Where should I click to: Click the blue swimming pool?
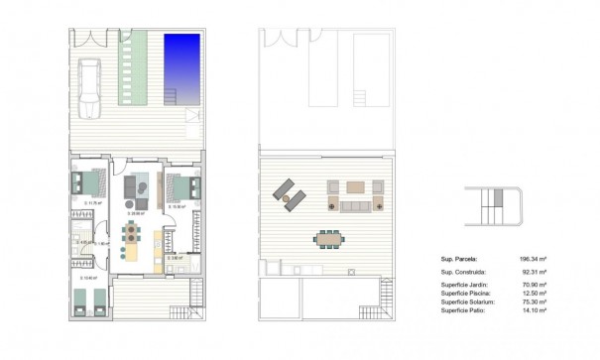180,61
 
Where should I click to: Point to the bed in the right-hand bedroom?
183,184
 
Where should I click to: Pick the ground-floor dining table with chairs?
131,234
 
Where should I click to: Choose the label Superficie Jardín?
468,285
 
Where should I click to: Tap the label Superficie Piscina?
469,293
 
